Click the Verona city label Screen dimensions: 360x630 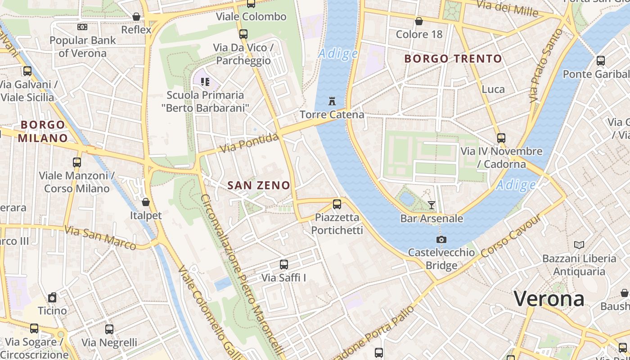[x=549, y=299]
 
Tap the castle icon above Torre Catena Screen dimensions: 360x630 [x=332, y=101]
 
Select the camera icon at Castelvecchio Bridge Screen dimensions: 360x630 [x=441, y=239]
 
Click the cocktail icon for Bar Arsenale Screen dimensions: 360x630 [x=432, y=205]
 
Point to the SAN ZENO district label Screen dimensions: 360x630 [x=259, y=185]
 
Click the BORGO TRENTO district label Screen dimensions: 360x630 [x=453, y=58]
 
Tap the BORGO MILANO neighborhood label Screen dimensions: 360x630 [x=43, y=131]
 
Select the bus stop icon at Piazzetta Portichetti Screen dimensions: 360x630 [x=337, y=204]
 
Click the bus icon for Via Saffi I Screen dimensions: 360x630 [x=283, y=265]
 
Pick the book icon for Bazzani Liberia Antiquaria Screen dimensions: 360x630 [x=579, y=245]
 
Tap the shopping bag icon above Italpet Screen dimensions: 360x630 [x=145, y=202]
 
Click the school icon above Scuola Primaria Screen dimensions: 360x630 [x=205, y=82]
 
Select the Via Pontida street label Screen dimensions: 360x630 [x=250, y=144]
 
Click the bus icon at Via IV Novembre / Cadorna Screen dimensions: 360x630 [x=501, y=138]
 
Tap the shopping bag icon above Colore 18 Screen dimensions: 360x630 [x=419, y=21]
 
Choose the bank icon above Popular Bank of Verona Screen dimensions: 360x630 [x=82, y=27]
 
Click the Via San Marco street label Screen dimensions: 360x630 [x=100, y=238]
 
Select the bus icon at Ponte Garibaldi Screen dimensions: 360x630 [x=600, y=61]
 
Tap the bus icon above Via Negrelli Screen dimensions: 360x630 [x=109, y=329]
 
